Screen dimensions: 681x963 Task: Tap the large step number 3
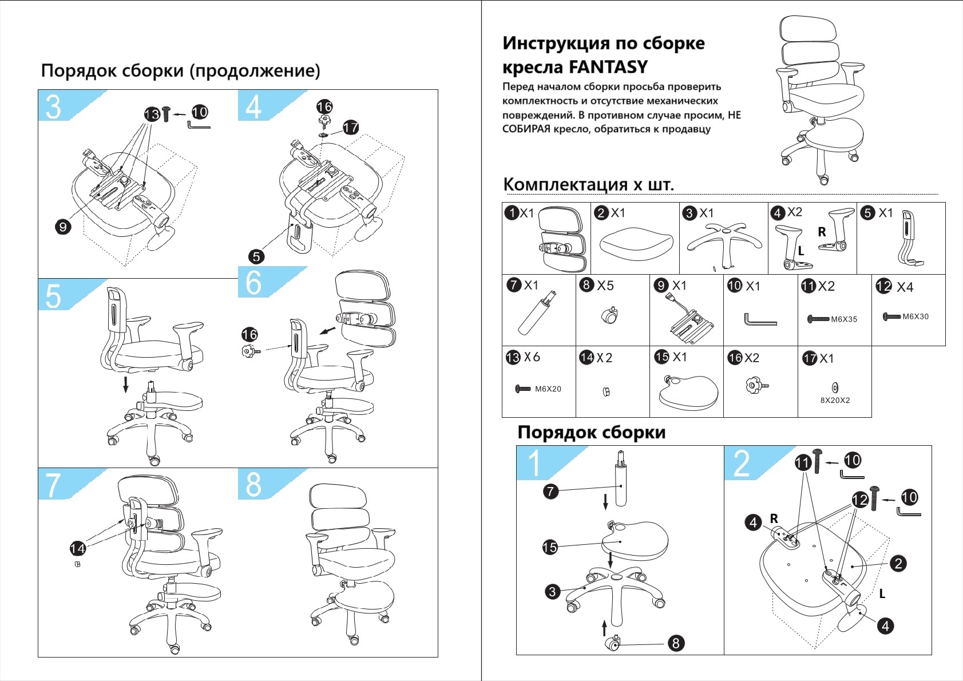click(x=53, y=107)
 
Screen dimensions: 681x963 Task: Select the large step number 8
click(x=253, y=485)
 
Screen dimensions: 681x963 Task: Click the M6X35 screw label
click(x=844, y=319)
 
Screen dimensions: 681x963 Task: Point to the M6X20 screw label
click(x=548, y=389)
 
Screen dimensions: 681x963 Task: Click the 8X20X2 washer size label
click(x=835, y=401)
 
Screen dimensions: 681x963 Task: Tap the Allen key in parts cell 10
click(x=759, y=319)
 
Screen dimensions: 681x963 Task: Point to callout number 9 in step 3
click(x=63, y=227)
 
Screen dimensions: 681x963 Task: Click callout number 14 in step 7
click(x=77, y=548)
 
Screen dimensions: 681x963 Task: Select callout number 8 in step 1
click(x=676, y=643)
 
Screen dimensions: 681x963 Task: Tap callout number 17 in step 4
click(x=351, y=127)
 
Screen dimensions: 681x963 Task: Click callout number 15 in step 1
click(x=550, y=547)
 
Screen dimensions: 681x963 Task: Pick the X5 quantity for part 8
click(x=605, y=286)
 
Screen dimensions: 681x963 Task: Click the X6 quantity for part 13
click(x=532, y=357)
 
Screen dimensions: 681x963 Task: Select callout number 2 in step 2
click(x=898, y=563)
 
